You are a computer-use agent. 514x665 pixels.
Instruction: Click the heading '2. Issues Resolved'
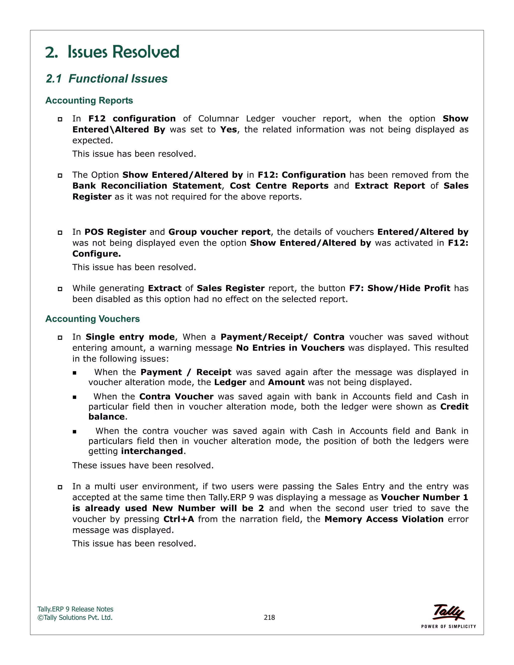[112, 52]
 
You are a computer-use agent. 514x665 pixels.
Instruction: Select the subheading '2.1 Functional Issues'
[107, 79]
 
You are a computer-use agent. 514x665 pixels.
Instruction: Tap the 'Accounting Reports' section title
[89, 100]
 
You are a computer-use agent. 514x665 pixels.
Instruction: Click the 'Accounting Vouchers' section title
[92, 319]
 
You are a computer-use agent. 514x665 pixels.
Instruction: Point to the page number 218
[269, 618]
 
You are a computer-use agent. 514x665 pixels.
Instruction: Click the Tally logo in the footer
[448, 612]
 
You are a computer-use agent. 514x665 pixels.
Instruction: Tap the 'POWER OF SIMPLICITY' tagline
[448, 626]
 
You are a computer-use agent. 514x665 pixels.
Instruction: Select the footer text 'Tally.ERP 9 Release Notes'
[75, 609]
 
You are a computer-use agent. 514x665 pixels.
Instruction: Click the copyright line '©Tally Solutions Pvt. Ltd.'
[75, 618]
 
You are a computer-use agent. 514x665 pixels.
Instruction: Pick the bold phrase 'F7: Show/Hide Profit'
[400, 288]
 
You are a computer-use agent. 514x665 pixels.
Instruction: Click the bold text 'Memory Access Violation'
[384, 519]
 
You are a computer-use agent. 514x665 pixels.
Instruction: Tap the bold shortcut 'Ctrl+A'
[178, 519]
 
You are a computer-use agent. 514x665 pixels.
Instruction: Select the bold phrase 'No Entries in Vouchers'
[290, 348]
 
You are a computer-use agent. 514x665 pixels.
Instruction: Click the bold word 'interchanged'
[152, 451]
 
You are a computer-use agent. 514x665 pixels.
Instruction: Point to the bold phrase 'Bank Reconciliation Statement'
[147, 186]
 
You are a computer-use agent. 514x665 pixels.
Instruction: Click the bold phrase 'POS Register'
[115, 232]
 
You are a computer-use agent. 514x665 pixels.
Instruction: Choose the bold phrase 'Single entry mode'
[130, 337]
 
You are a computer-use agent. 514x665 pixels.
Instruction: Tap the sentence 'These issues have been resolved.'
[143, 465]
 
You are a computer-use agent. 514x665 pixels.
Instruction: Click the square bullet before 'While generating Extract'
[60, 289]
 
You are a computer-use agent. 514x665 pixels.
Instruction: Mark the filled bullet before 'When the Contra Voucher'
[75, 397]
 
